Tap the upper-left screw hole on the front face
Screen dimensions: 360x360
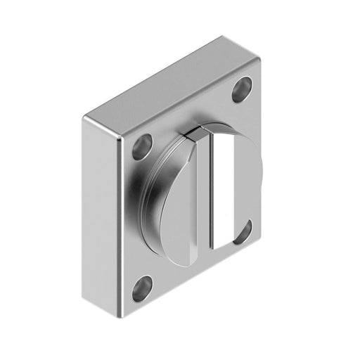pos(142,146)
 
